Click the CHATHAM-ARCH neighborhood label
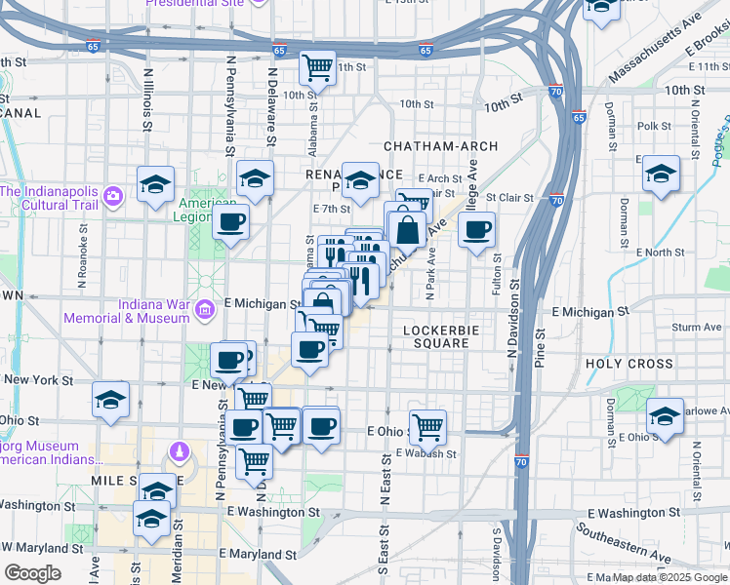tap(440, 146)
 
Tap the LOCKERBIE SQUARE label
tap(438, 336)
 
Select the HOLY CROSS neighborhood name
tap(629, 364)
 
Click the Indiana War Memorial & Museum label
tap(126, 311)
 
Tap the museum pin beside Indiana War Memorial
tap(205, 310)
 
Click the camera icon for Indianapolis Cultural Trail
tap(114, 197)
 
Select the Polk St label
tap(653, 127)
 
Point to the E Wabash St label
tap(426, 453)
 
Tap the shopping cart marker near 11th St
tap(317, 66)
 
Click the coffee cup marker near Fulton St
tap(476, 230)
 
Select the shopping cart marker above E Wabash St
tap(427, 425)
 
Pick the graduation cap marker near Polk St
tap(661, 174)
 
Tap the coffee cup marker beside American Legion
tap(230, 222)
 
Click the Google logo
tap(32, 573)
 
